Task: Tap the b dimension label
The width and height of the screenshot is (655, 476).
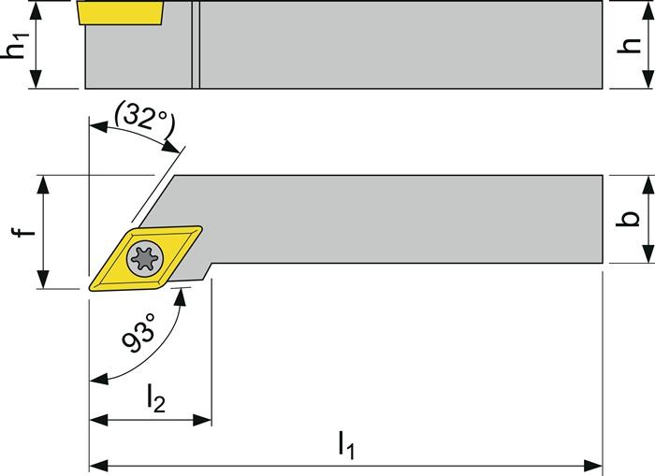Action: click(x=631, y=217)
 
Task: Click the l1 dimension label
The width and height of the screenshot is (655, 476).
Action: click(x=346, y=445)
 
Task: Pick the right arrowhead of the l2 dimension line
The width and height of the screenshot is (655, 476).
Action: click(x=205, y=420)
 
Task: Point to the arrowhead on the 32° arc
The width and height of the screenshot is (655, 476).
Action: click(x=174, y=147)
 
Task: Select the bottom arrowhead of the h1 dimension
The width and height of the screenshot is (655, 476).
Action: click(x=37, y=83)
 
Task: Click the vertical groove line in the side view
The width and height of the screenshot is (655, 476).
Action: click(x=195, y=45)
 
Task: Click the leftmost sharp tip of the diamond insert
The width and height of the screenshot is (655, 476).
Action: click(x=91, y=284)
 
